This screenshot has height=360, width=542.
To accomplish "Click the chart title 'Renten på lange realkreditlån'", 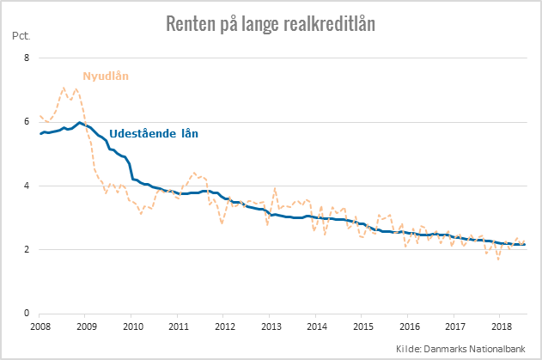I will click(271, 23).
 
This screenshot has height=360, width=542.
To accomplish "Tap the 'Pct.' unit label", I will click(21, 37).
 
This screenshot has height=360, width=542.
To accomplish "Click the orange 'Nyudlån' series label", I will click(105, 76).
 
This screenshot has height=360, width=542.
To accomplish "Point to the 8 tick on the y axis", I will click(27, 58).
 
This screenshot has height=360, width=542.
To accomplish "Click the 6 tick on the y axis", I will click(27, 122).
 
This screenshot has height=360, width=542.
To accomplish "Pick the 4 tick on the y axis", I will click(27, 186).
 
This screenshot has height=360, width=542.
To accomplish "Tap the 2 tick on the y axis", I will click(27, 250).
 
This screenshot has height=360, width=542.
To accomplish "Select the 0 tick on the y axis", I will click(27, 314).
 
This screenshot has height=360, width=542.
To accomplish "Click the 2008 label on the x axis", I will click(41, 327).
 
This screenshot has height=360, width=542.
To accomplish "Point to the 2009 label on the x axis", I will click(87, 327).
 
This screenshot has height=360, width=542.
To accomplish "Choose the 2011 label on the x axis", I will click(179, 327).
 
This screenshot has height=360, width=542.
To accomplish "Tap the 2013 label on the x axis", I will click(271, 327).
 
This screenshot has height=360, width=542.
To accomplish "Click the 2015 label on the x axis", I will click(362, 327).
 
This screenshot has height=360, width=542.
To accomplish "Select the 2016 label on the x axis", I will click(409, 327).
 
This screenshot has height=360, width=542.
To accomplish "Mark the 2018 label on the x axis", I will click(501, 327).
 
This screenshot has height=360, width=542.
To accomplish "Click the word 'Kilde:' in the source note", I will click(411, 347).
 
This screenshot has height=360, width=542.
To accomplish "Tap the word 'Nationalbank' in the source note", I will click(501, 347).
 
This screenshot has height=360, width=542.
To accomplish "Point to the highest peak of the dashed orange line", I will click(64, 88).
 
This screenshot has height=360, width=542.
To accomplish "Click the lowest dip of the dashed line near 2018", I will click(498, 259).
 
